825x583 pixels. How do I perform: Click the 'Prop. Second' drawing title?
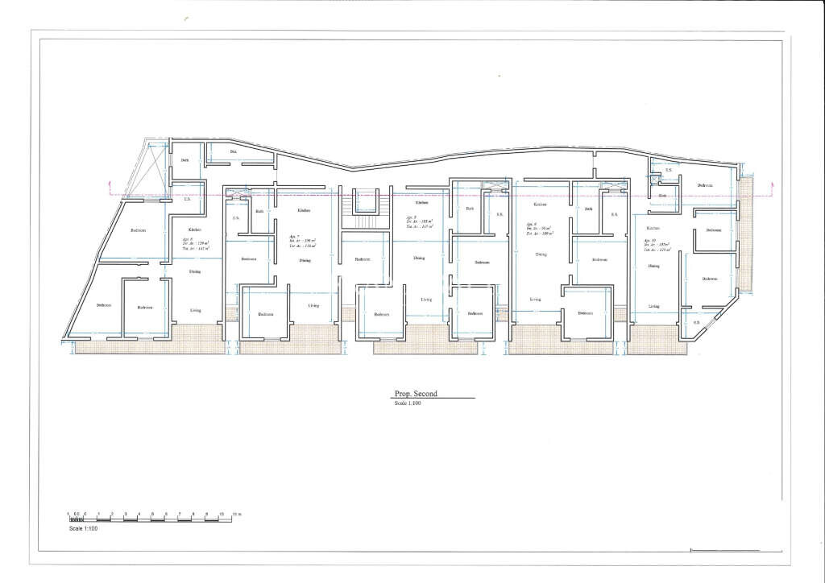[x=415, y=394]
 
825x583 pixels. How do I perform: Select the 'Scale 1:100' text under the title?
[x=408, y=403]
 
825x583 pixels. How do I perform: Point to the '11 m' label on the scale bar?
[x=237, y=514]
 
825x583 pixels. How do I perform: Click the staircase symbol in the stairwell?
[x=364, y=210]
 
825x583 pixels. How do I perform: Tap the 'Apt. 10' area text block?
[x=657, y=245]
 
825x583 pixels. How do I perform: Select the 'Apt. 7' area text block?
[x=301, y=242]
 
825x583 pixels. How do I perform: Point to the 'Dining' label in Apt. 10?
[x=653, y=266]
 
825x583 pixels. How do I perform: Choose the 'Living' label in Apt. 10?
[x=653, y=306]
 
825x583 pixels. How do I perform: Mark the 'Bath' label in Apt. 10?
[x=662, y=196]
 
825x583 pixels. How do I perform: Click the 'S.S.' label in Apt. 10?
[x=668, y=171]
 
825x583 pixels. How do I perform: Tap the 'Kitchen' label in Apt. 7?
[x=304, y=210]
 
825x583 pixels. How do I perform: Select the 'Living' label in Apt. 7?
[x=313, y=306]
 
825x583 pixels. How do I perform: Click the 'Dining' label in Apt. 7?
[x=305, y=260]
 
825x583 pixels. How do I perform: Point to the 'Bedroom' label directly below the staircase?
[x=363, y=259]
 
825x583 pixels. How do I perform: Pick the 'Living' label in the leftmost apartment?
[x=195, y=309]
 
